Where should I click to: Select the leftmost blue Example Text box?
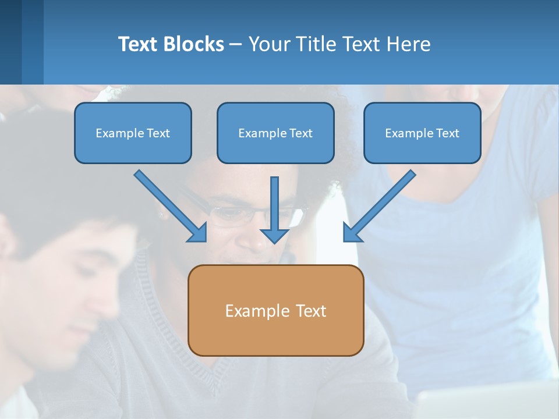coord(133,133)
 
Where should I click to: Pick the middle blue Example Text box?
coord(275,133)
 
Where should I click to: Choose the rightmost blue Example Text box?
coord(422,133)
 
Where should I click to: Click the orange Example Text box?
coord(275,310)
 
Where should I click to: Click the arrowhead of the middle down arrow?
coord(274,235)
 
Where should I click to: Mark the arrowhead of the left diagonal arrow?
coord(198,233)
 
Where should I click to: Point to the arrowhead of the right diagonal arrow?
coord(351,233)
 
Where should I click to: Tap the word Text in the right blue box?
coord(447,133)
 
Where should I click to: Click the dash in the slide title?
coord(236,45)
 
